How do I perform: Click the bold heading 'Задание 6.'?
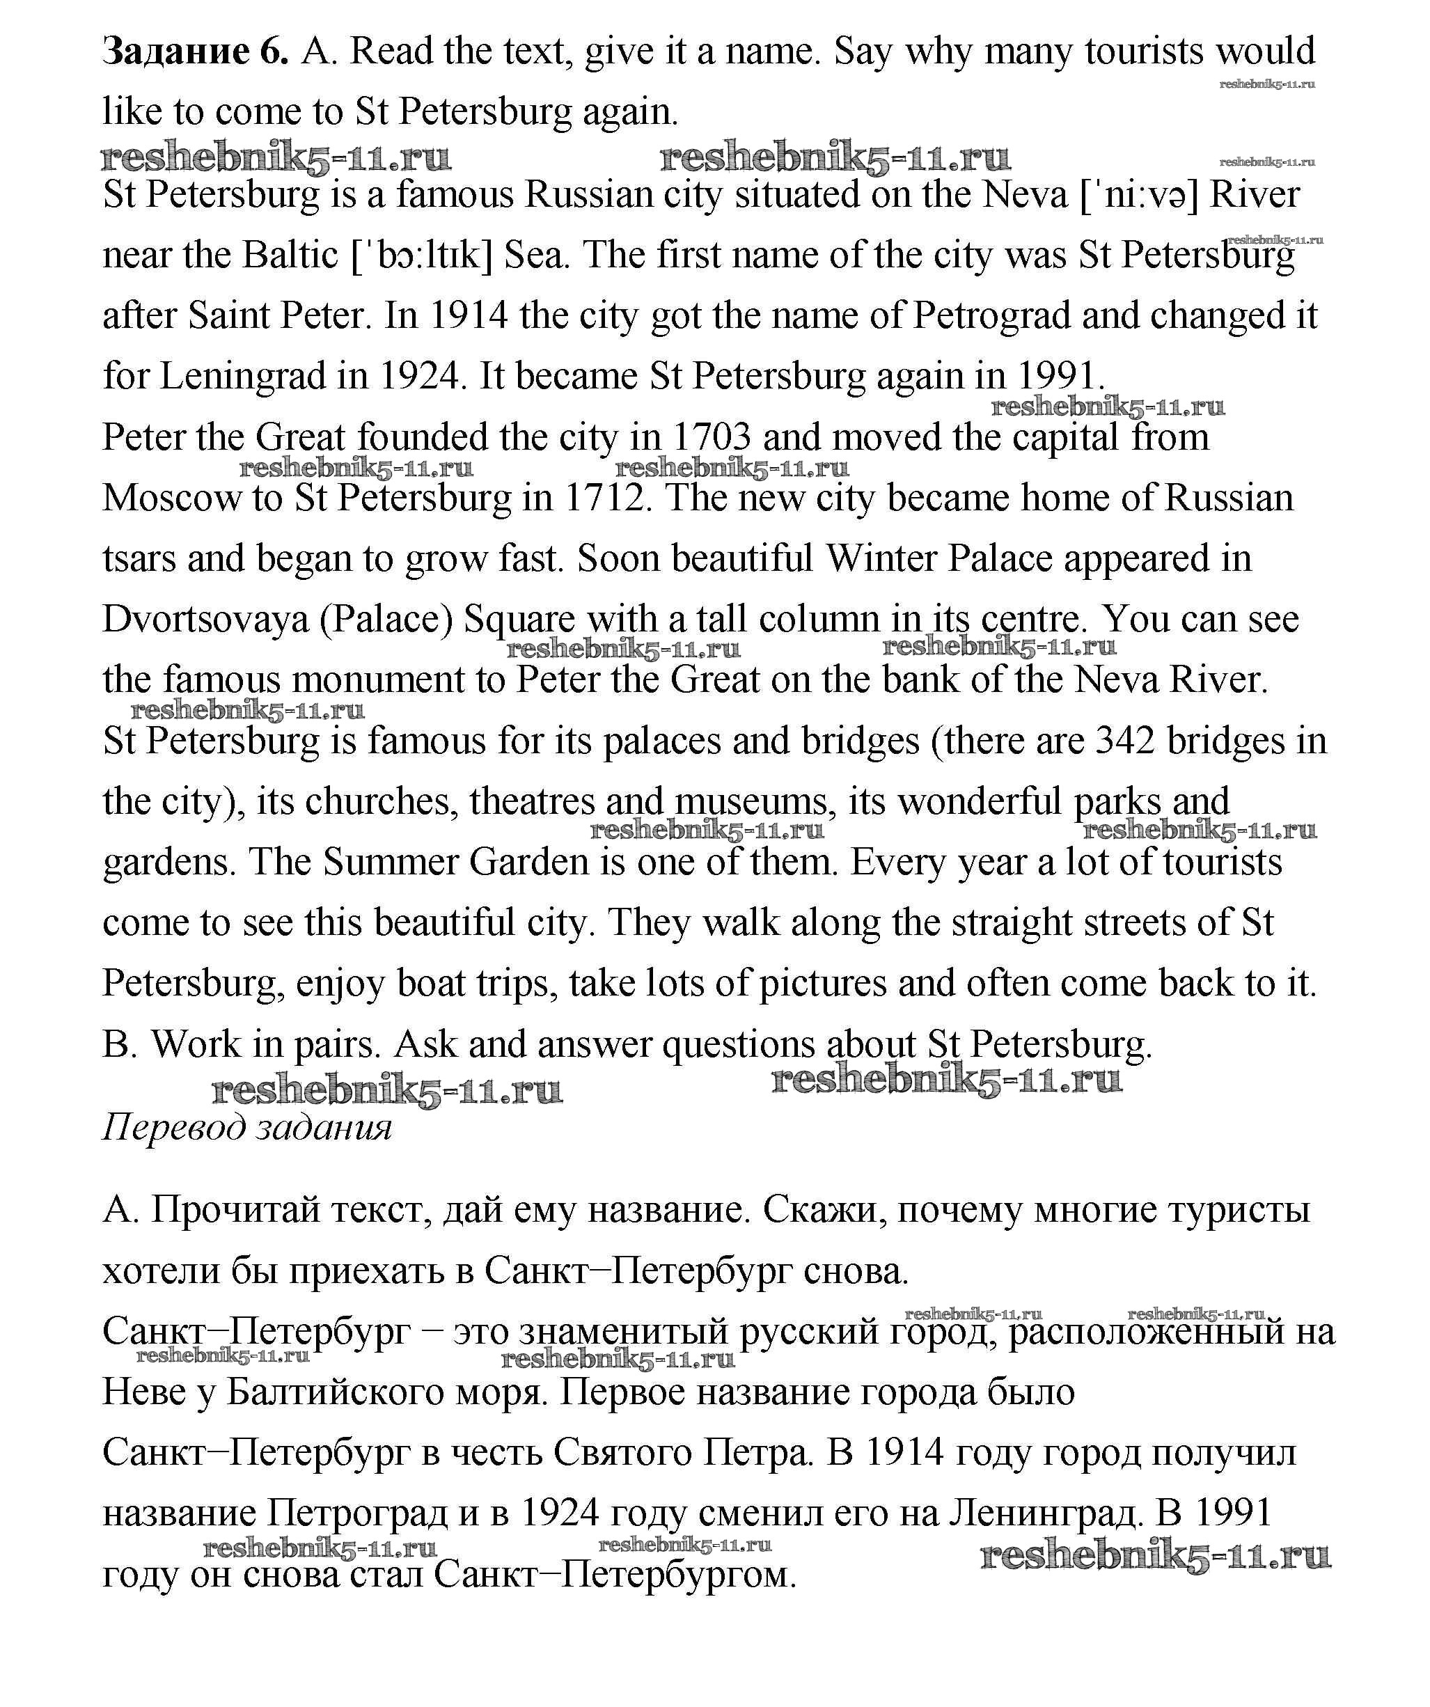tap(195, 52)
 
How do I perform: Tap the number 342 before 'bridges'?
tap(1126, 741)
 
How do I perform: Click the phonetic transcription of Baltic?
tap(422, 256)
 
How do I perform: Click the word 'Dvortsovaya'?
tap(205, 620)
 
